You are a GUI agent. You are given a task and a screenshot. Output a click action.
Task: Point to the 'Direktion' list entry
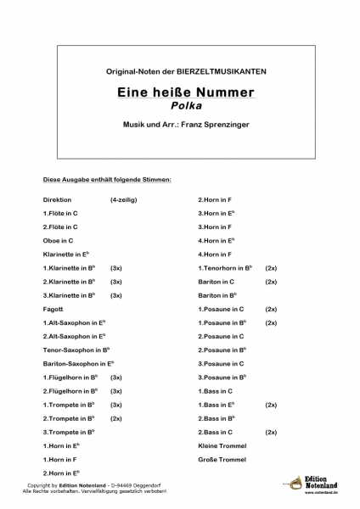(x=58, y=200)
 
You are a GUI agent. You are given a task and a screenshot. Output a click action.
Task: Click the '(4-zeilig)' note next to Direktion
(x=123, y=200)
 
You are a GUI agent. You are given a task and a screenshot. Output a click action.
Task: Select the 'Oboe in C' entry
(x=58, y=241)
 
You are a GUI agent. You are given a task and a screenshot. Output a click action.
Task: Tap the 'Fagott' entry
(x=53, y=310)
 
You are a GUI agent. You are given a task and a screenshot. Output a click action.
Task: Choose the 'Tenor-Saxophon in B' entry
(x=76, y=350)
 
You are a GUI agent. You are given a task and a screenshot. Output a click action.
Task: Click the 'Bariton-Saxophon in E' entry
(x=78, y=363)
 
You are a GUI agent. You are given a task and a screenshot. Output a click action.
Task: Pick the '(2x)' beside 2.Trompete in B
(x=116, y=418)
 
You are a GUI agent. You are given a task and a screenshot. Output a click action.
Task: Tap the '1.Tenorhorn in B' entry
(x=228, y=268)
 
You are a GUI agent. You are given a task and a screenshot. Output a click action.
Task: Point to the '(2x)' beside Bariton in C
(x=271, y=282)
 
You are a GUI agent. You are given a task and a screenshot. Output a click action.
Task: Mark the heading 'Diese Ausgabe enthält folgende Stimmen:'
(x=107, y=181)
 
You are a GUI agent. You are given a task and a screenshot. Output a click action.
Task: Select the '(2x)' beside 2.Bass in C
(x=271, y=432)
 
